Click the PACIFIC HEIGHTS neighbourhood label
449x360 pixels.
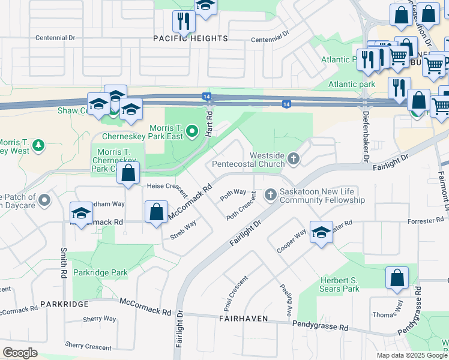[191, 38]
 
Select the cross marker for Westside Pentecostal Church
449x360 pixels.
[293, 159]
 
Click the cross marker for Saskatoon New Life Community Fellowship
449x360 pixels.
[270, 194]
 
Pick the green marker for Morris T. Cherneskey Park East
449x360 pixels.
[191, 130]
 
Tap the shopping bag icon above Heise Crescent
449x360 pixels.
[128, 174]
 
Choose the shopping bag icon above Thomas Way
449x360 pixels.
[397, 278]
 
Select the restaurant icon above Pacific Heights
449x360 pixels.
[184, 22]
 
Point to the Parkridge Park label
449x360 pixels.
[100, 272]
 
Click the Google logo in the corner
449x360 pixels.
[20, 353]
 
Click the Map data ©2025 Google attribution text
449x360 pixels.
[411, 355]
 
